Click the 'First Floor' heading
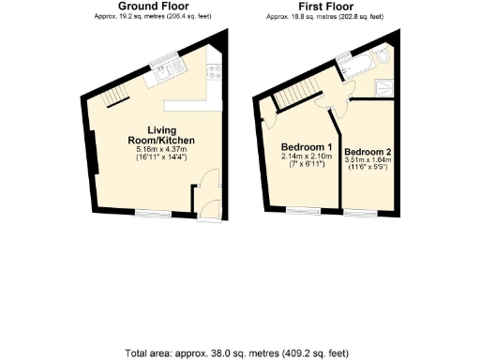point(324,7)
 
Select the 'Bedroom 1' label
point(307,148)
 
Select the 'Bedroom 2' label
point(367,152)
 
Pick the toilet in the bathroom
point(387,58)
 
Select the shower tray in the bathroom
point(385,87)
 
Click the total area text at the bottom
point(240,353)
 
